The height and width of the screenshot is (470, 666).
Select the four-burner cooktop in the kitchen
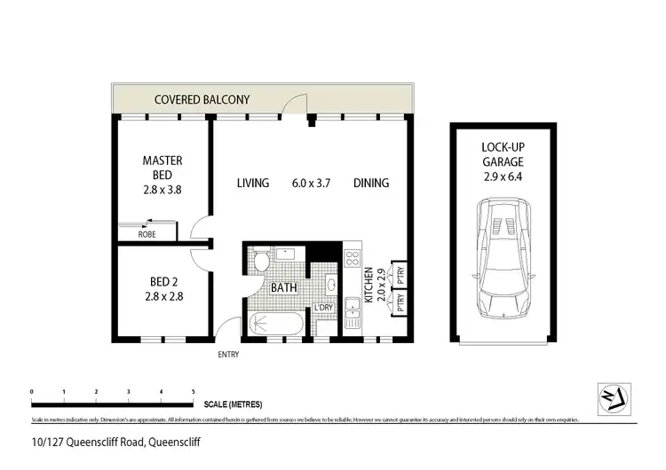[351, 259]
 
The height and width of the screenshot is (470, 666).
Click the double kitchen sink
[351, 313]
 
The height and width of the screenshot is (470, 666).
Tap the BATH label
[283, 287]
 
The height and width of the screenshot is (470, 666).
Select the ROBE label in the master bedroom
[146, 234]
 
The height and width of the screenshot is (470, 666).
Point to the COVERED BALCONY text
[202, 100]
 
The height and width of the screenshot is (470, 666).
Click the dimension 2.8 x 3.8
[163, 189]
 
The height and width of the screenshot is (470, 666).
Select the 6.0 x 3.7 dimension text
[312, 184]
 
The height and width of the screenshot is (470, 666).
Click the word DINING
[371, 184]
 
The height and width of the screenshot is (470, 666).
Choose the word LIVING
[253, 184]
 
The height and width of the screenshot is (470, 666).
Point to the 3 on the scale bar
[129, 391]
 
